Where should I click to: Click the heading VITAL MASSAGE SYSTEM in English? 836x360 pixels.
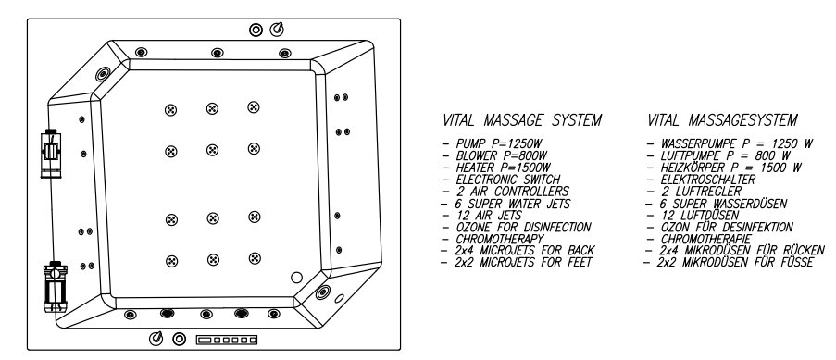coord(522,120)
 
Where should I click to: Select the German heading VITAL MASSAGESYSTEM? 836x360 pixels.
coord(722,120)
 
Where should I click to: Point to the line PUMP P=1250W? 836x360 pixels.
coord(498,144)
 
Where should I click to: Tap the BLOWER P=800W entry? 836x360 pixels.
coord(502,155)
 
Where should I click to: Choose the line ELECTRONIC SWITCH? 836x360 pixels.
coord(508,180)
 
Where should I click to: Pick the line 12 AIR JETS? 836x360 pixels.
coord(489,216)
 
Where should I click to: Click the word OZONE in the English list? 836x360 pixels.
coord(473,228)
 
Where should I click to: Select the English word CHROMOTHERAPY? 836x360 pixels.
coord(500,239)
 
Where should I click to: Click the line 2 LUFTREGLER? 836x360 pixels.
coord(701,192)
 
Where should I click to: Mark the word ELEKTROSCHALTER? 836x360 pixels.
coord(708,180)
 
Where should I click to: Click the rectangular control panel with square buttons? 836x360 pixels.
coord(227,340)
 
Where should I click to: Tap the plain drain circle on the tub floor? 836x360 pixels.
coord(296,278)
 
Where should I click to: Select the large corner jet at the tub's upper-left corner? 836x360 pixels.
coord(103,74)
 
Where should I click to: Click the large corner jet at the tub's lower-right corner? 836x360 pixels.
coord(322,292)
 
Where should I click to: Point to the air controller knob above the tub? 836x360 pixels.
coord(277,29)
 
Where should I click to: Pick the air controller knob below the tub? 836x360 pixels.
coord(156,338)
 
